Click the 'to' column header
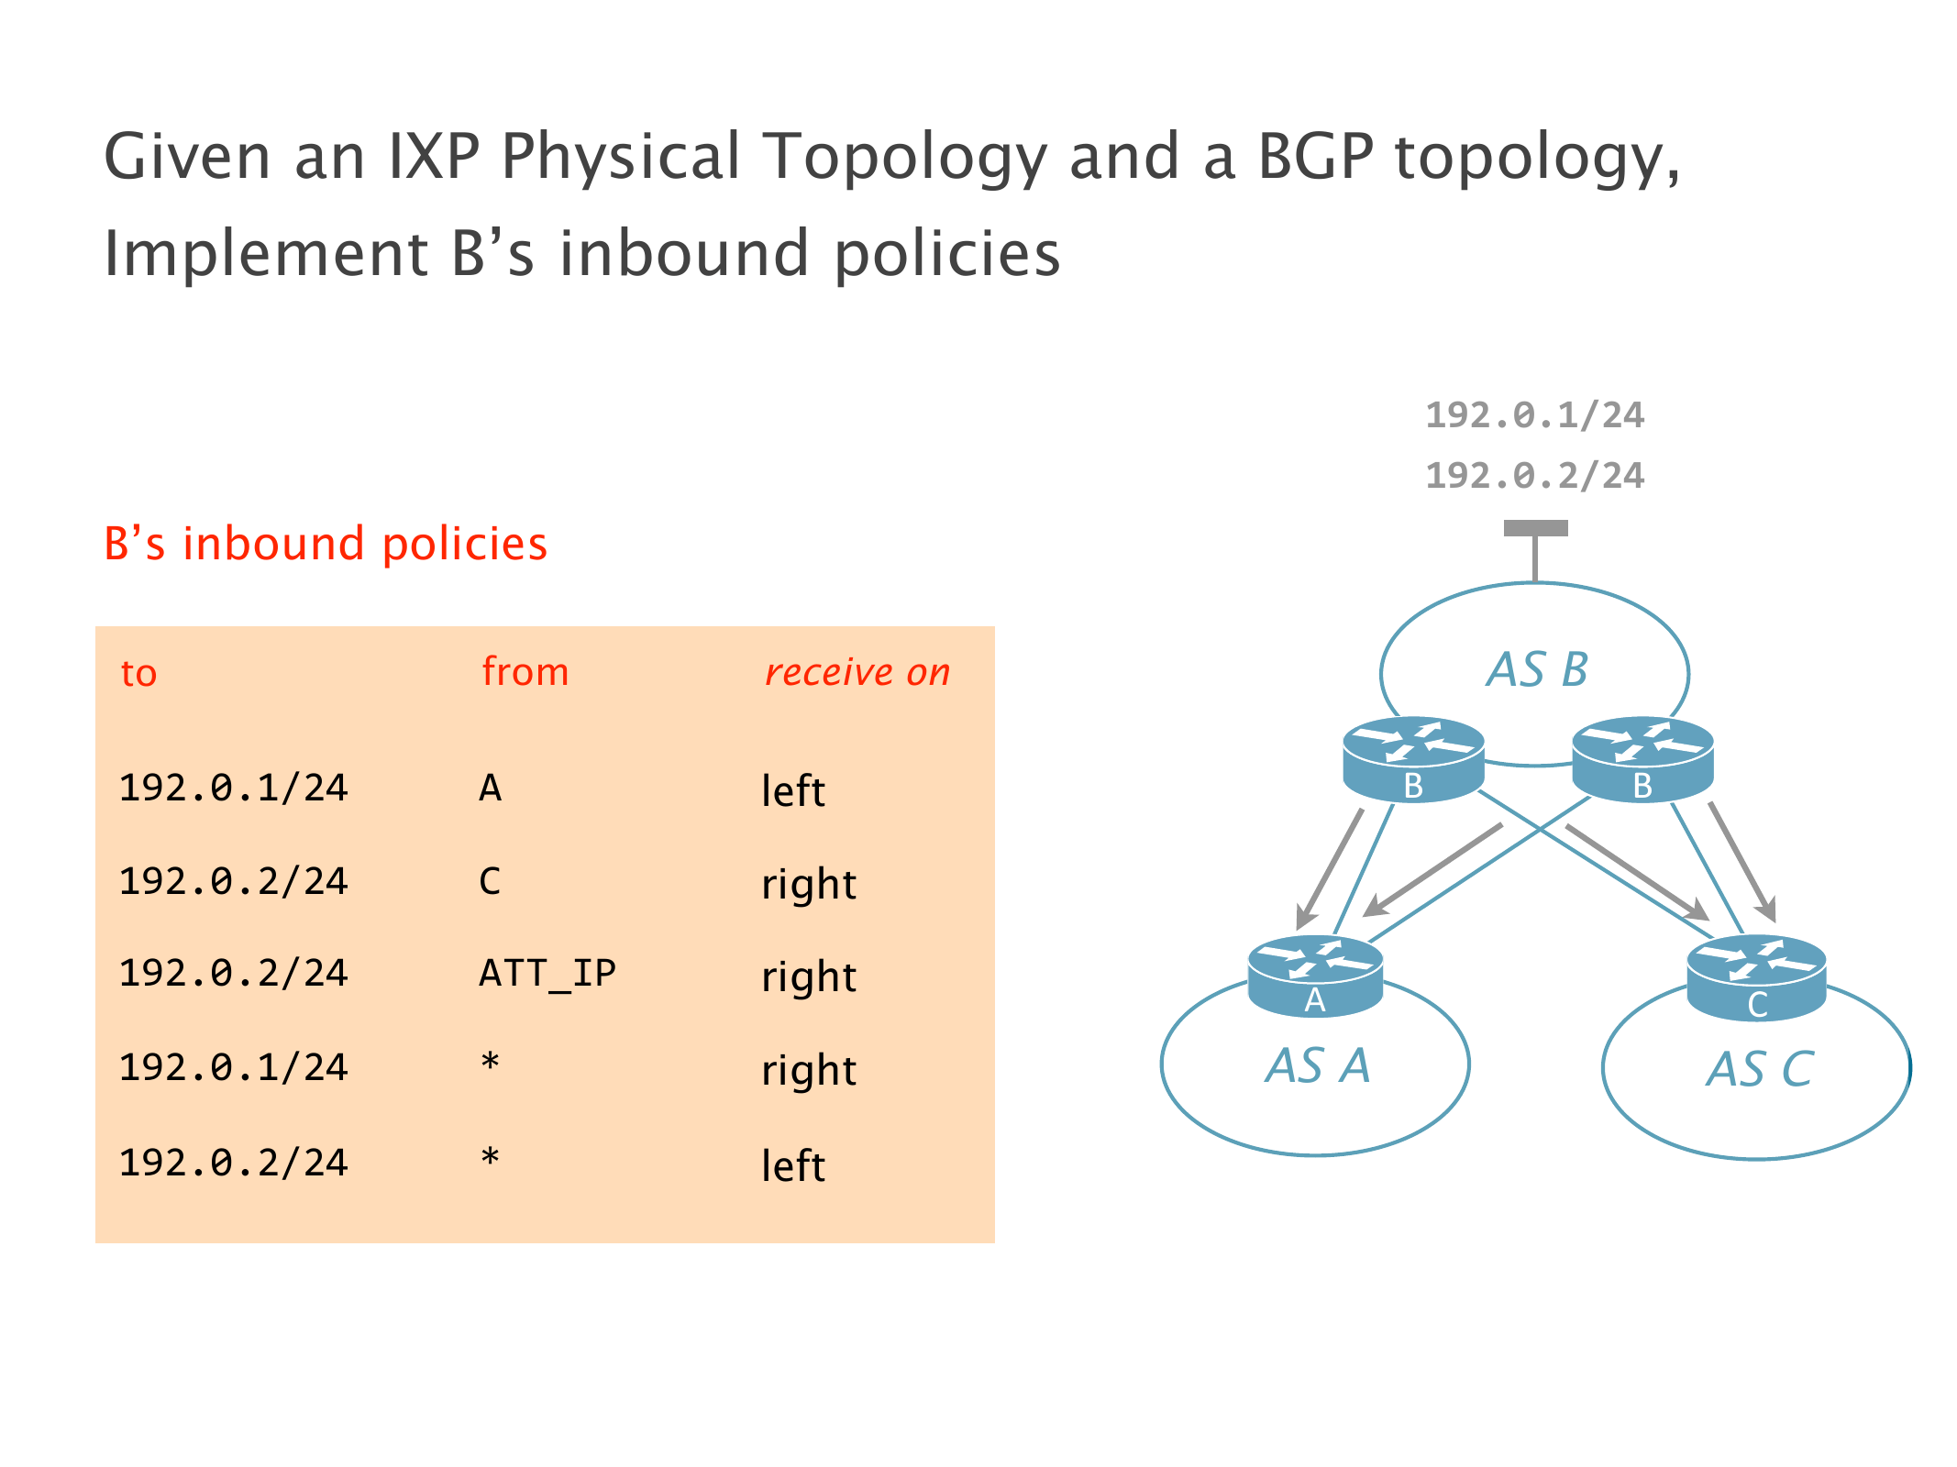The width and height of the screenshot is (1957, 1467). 138,674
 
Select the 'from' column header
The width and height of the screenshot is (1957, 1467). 525,671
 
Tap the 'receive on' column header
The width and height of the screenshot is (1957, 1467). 857,672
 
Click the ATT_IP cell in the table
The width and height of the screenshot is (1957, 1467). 547,974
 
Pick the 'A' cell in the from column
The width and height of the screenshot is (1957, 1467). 491,788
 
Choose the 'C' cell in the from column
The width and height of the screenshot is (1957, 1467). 491,881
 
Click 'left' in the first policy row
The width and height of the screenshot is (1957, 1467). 793,789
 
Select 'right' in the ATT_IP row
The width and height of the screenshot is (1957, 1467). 809,977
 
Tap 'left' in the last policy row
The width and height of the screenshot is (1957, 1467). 793,1164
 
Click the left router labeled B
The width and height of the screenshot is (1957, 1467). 1413,759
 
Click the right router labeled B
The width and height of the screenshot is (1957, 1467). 1642,759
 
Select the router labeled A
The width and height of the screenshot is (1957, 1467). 1315,976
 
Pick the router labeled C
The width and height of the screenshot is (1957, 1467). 1756,977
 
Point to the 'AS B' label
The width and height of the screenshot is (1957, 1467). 1538,669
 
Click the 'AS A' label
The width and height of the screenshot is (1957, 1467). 1318,1065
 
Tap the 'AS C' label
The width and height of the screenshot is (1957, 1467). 1760,1069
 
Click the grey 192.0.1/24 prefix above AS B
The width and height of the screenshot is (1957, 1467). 1535,415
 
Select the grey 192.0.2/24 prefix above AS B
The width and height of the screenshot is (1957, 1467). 1535,476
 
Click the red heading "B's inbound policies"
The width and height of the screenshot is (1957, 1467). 326,544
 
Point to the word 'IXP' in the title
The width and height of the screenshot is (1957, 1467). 434,156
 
